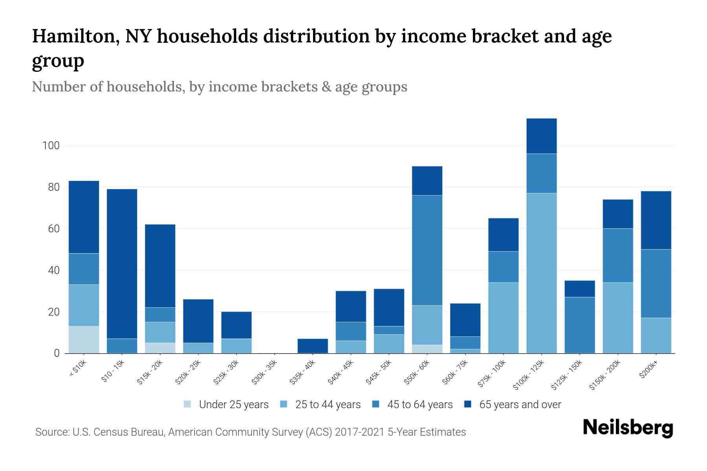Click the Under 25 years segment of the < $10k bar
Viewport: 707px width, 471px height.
click(x=84, y=340)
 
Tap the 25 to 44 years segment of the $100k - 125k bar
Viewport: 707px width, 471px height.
click(x=541, y=273)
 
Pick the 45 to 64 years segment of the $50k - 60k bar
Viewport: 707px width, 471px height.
click(x=427, y=250)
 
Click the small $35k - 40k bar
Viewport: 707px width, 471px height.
click(x=313, y=346)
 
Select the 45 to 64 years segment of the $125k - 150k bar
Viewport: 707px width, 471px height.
click(x=579, y=325)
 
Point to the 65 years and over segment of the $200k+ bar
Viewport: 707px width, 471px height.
click(x=656, y=220)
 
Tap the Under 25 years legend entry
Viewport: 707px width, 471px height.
click(x=233, y=405)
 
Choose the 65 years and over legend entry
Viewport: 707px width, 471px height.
click(x=520, y=405)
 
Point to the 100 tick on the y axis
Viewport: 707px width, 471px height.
click(x=51, y=146)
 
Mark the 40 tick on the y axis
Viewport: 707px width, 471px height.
click(x=54, y=270)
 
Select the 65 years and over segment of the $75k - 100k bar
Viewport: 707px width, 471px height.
click(x=503, y=235)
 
